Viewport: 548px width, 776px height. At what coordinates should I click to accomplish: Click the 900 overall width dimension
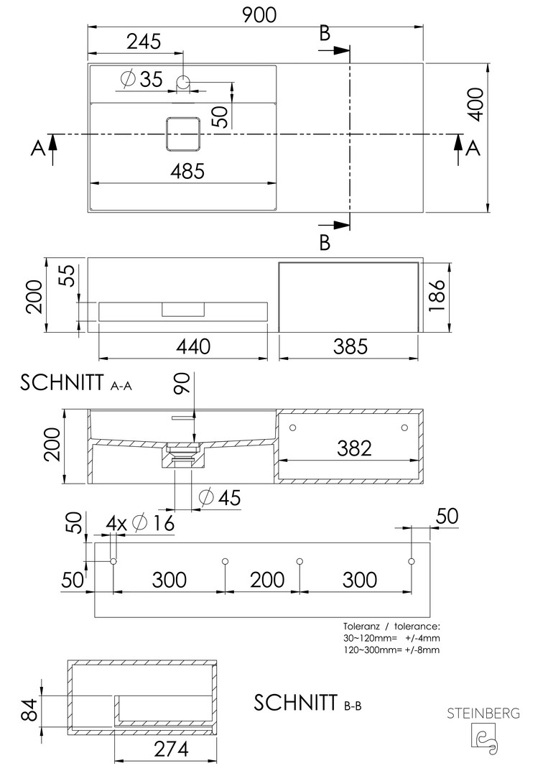click(x=260, y=15)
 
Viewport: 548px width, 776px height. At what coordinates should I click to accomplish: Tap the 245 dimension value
click(x=144, y=42)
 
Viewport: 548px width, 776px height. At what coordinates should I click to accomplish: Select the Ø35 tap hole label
click(x=142, y=79)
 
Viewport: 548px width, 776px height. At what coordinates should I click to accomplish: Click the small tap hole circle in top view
click(x=183, y=82)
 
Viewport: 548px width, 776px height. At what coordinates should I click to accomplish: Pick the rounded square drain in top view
click(x=183, y=134)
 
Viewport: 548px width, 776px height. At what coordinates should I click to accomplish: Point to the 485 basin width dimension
click(x=187, y=171)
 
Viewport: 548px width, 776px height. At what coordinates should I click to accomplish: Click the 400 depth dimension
click(x=475, y=103)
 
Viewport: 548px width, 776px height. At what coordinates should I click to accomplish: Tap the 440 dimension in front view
click(x=194, y=346)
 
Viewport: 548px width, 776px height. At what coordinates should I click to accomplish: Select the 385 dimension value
click(x=350, y=346)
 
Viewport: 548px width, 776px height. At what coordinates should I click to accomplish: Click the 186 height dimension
click(x=437, y=295)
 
